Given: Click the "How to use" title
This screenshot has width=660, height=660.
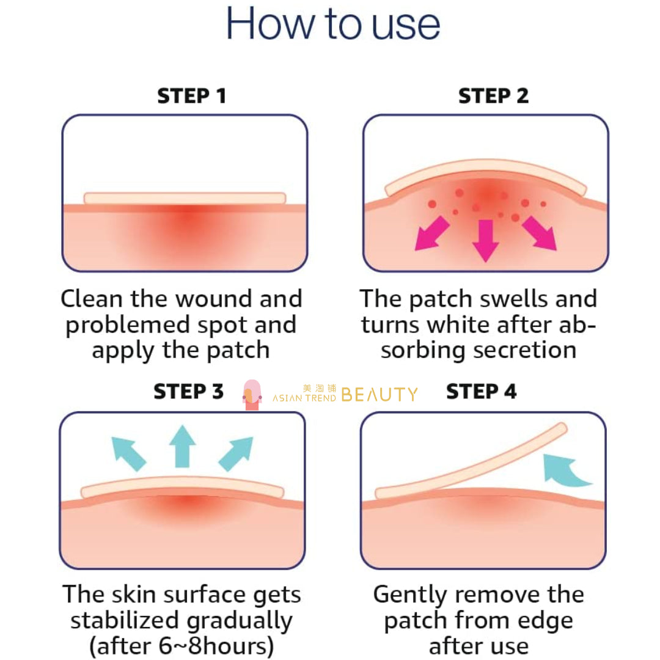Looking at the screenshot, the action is click(333, 24).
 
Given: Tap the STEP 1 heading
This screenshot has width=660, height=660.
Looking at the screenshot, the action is click(192, 96).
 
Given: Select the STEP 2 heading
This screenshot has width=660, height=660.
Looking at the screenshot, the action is click(493, 96).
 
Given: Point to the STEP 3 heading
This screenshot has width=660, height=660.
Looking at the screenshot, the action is click(188, 392).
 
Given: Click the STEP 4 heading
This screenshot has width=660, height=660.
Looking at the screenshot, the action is click(481, 392).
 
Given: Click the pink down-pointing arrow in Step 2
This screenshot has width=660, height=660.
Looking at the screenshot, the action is click(486, 240).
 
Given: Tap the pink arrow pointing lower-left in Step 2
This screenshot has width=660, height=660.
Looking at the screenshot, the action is click(431, 233).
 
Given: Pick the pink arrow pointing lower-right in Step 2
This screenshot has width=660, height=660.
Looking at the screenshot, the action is click(540, 233).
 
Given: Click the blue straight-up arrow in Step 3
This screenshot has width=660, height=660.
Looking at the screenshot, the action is click(182, 446).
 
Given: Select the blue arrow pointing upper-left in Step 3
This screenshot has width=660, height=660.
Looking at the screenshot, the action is click(128, 453).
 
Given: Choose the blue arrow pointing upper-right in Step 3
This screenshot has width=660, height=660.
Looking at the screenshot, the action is click(236, 453).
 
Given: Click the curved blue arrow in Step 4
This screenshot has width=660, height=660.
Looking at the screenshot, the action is click(562, 471).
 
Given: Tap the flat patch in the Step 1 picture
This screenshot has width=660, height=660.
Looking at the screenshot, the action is click(185, 198).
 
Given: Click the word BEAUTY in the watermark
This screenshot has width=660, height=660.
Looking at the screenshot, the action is click(380, 395).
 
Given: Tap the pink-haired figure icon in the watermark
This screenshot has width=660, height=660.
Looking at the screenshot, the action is click(252, 394).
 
